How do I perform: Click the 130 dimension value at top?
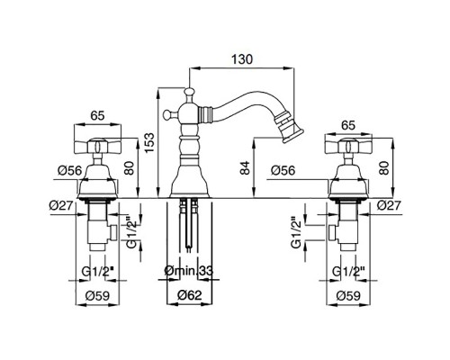click(x=242, y=59)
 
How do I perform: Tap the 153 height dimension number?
click(x=149, y=142)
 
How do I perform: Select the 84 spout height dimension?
click(x=245, y=168)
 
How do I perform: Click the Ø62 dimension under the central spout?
click(x=190, y=295)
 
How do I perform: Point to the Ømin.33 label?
click(x=189, y=271)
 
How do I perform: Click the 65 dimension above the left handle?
click(x=97, y=115)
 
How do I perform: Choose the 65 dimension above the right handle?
click(x=348, y=125)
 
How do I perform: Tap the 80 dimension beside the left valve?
click(x=130, y=168)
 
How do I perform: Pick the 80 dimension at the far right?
click(x=383, y=168)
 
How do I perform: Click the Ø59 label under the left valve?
click(x=97, y=296)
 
